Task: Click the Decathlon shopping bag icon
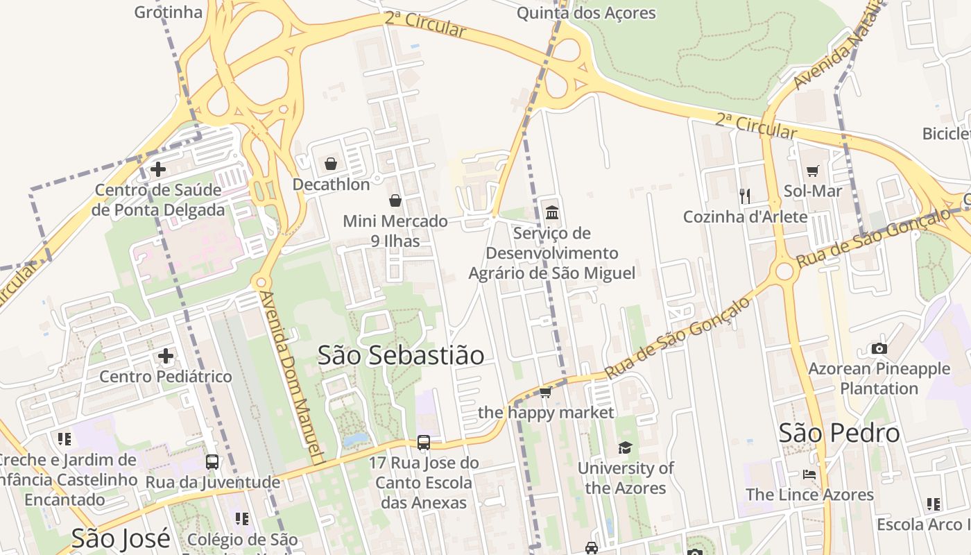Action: [331, 164]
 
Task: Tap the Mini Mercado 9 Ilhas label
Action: [395, 231]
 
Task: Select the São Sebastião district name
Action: [401, 355]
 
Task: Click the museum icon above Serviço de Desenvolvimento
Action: [552, 212]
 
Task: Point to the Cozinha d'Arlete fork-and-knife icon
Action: [745, 196]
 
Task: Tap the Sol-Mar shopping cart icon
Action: [813, 170]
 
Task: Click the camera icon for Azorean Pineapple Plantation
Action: [879, 348]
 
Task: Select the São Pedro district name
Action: [839, 434]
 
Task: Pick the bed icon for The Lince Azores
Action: [809, 475]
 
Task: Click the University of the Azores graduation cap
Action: [626, 447]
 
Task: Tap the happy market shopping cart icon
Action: [546, 393]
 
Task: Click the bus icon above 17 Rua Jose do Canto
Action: [424, 442]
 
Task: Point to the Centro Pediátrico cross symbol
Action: [166, 356]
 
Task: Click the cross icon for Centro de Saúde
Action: [158, 169]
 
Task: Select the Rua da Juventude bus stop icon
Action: [212, 461]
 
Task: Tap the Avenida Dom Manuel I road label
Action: [292, 378]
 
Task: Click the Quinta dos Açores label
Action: [586, 12]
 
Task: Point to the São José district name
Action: [121, 538]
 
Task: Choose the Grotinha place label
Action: [169, 12]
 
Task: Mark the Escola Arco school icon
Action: [934, 504]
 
